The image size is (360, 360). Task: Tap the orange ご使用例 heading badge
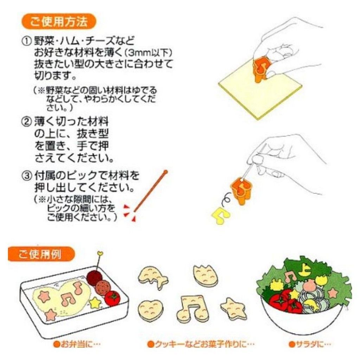pos(41,254)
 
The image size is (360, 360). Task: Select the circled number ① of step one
pos(27,41)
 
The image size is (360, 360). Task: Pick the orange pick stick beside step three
pos(150,191)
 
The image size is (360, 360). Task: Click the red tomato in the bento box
pos(112,298)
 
